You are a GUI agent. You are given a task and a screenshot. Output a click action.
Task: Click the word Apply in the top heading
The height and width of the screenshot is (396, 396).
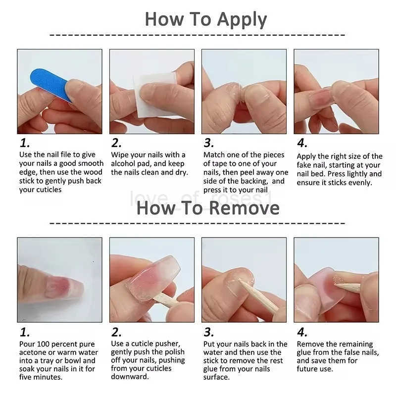[x=242, y=20]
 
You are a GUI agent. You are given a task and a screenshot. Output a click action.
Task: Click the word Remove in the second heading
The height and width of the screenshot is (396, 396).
[x=244, y=208]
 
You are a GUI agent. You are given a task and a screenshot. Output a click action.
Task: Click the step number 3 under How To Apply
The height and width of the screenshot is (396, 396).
[x=209, y=143]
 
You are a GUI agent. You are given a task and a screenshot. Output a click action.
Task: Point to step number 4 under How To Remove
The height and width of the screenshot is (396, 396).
[x=302, y=332]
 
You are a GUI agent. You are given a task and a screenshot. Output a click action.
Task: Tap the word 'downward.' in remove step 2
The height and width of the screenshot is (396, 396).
[x=130, y=377]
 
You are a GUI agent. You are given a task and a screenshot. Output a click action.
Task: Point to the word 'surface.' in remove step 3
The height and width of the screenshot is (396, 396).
[x=216, y=377]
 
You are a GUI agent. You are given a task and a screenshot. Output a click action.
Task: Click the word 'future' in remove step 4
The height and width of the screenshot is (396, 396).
[x=307, y=369]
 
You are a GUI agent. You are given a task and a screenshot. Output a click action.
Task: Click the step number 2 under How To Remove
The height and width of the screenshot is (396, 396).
[x=116, y=332]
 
